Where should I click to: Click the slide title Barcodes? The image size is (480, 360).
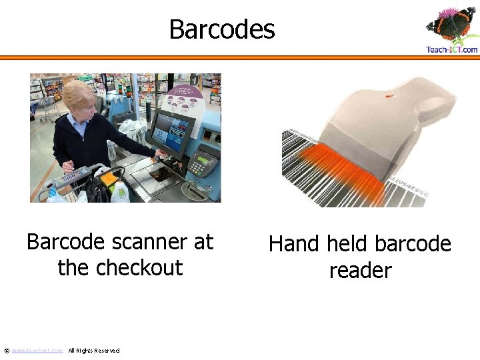click(x=221, y=29)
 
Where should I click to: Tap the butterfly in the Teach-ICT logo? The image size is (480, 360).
click(x=451, y=24)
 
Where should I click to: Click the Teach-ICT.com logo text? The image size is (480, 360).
click(x=451, y=49)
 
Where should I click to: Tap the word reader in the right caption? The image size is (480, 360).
click(x=360, y=271)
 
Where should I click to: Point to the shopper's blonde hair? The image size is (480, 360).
click(x=79, y=94)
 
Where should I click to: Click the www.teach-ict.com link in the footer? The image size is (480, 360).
click(x=37, y=351)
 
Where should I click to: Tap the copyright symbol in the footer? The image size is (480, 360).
click(x=7, y=351)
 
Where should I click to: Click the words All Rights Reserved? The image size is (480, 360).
click(x=94, y=351)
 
